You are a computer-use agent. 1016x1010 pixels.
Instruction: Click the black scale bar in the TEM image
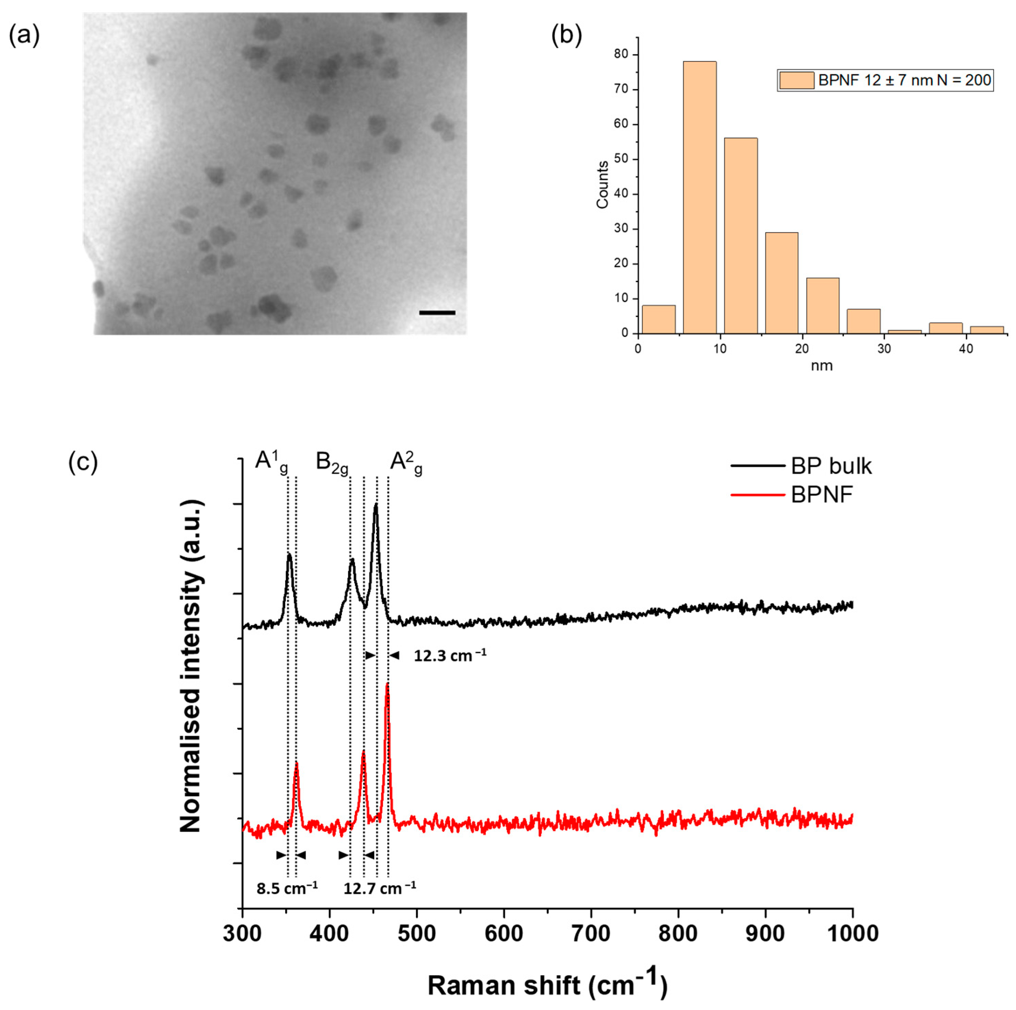click(437, 313)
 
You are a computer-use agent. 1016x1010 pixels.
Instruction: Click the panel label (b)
click(567, 35)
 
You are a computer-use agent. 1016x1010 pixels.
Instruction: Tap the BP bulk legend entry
click(831, 466)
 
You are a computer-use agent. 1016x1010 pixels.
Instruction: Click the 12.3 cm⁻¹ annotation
click(449, 656)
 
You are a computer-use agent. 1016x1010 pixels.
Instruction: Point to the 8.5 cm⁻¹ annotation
click(287, 888)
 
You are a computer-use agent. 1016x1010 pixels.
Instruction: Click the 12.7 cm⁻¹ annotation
click(379, 888)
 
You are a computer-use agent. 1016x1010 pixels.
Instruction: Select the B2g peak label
click(332, 463)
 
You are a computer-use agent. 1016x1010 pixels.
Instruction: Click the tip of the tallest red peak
click(388, 684)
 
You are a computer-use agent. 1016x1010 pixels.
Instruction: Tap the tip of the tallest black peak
click(376, 505)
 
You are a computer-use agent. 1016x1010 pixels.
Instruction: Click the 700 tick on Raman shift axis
click(591, 933)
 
